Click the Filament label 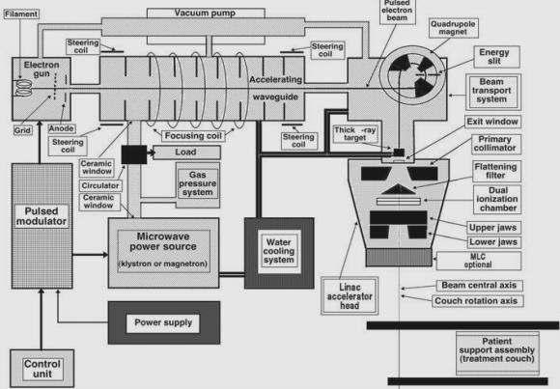pos(21,14)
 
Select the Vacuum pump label pos(205,14)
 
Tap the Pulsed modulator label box pos(42,216)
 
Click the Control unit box pos(42,369)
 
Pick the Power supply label pos(163,322)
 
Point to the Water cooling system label pos(279,251)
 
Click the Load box pos(186,153)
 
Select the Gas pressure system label pos(198,183)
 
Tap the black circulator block pos(134,154)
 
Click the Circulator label pos(100,185)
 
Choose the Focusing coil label pos(193,136)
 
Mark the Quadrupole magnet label pos(453,28)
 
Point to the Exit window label pos(492,122)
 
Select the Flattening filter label pos(497,171)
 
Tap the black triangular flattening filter pos(398,189)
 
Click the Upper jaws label pos(493,228)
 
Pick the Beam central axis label pos(479,286)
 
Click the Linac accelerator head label pos(350,296)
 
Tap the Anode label pos(62,128)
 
